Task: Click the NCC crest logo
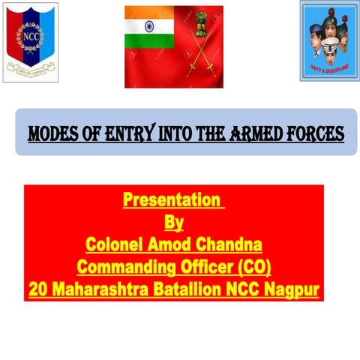click(x=31, y=40)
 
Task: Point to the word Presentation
click(x=172, y=201)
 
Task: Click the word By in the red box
click(x=173, y=223)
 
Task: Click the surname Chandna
click(x=232, y=244)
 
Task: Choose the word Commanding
click(x=124, y=266)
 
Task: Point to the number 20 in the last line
click(x=37, y=289)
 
